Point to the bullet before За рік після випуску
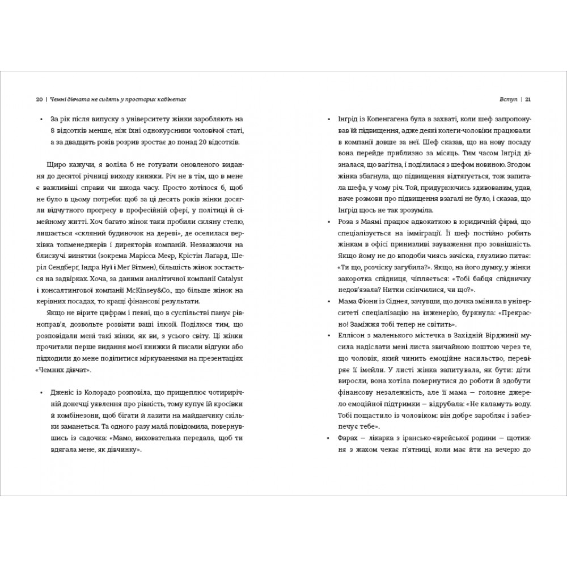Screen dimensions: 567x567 pos(43,120)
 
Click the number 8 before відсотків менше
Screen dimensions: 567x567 pos(52,130)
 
